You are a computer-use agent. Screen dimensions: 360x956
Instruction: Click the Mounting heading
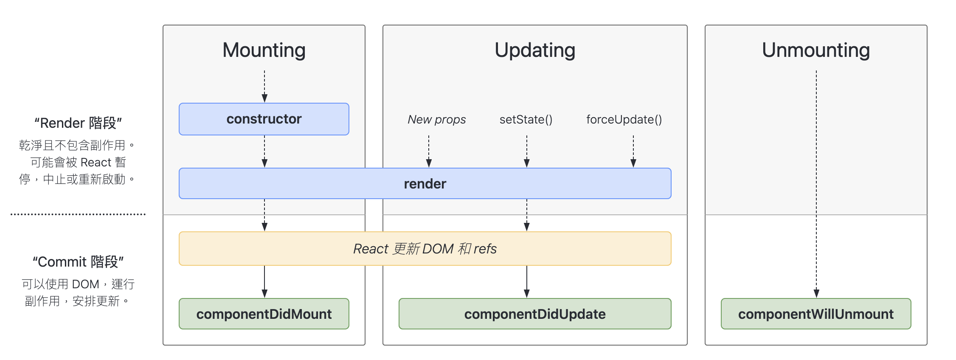pos(264,50)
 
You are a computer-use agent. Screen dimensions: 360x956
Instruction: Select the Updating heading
pos(535,50)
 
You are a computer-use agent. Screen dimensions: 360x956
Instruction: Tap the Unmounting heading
pos(815,50)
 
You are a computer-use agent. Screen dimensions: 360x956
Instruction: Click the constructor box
pos(264,119)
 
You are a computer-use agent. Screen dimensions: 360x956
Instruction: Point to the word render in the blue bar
pos(425,184)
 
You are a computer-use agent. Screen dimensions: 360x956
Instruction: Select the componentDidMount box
pos(264,314)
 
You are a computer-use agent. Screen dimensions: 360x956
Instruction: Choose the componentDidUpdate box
pos(535,314)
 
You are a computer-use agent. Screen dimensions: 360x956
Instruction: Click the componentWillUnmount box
pos(815,314)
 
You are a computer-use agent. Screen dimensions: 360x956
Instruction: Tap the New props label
pos(436,120)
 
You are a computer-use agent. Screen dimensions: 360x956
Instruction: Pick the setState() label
pos(526,120)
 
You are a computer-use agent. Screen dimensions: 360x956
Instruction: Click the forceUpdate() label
pos(624,120)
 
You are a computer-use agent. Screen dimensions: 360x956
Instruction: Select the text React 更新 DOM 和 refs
pos(425,249)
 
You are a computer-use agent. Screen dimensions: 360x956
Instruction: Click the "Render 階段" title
pos(78,123)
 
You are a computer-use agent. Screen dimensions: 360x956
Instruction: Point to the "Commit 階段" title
pos(78,262)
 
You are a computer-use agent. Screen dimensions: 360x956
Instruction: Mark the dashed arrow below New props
pos(429,151)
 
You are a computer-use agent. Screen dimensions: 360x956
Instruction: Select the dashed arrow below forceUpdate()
pos(633,151)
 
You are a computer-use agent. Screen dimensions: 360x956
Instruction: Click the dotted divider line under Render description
pos(78,214)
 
